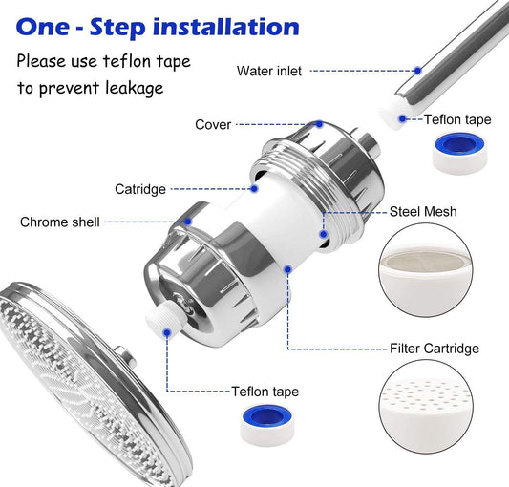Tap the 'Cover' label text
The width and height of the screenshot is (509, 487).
click(213, 124)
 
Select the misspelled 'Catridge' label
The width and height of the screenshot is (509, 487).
click(140, 189)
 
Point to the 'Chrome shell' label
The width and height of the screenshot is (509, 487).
click(59, 222)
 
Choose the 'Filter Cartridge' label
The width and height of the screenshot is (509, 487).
click(435, 348)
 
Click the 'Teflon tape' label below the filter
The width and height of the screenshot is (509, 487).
click(265, 392)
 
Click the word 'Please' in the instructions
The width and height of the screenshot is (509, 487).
click(41, 62)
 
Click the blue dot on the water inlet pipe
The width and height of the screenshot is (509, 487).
click(417, 70)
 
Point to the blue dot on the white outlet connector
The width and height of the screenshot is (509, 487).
click(168, 332)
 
